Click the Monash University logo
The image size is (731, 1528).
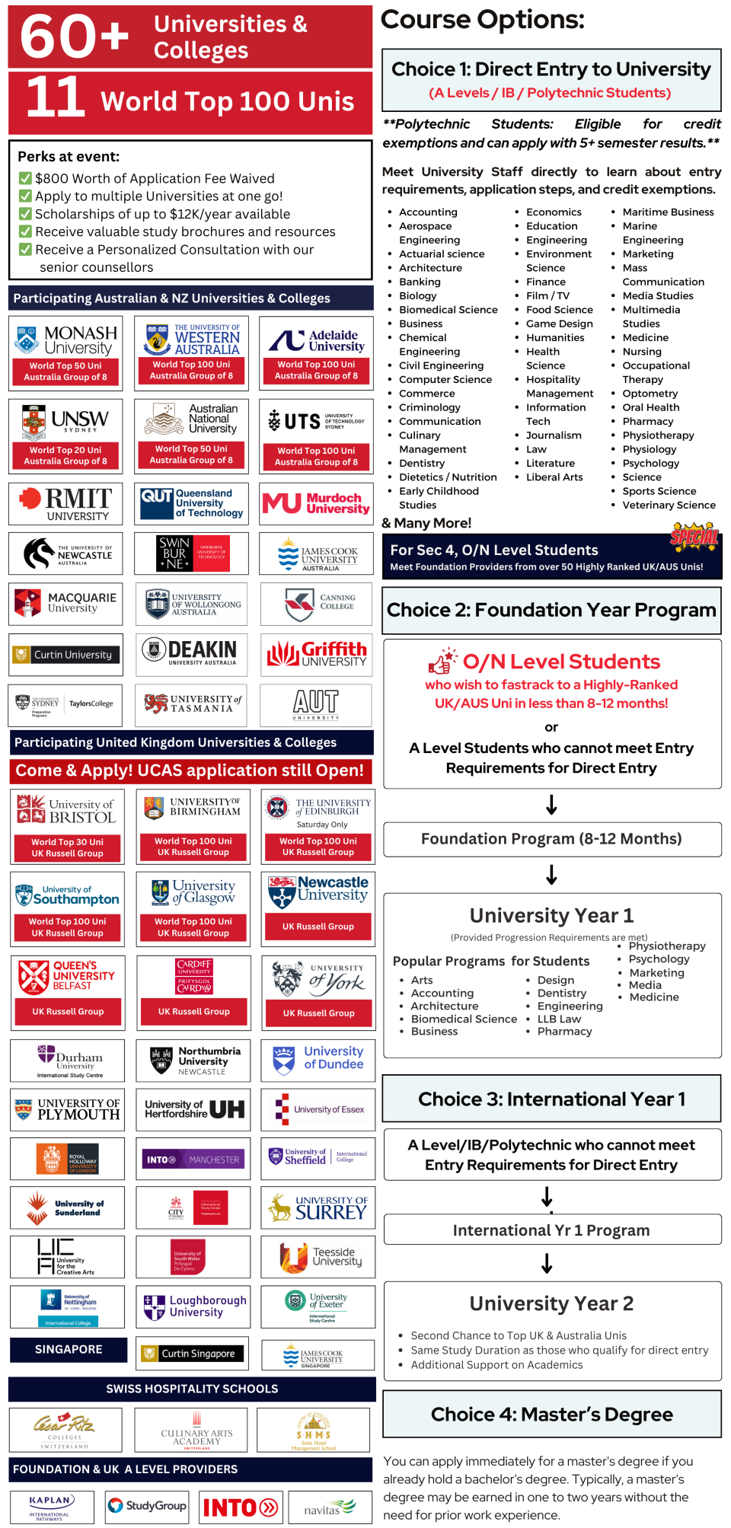coord(65,340)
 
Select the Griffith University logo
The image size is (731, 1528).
coord(316,654)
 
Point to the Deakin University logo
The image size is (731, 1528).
coord(191,652)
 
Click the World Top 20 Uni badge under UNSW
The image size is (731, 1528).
coord(65,455)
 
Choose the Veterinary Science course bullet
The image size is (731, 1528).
coord(669,505)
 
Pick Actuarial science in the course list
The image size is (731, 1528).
coord(442,254)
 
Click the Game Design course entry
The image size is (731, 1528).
coord(559,324)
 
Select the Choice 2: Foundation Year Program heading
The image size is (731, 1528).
coord(551,610)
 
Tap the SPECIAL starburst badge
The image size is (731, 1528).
coord(694,538)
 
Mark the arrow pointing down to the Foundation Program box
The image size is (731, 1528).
coord(551,805)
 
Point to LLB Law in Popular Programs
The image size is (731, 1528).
coord(559,1019)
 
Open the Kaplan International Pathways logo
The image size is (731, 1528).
coord(50,1507)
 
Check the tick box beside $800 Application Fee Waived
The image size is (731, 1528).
coord(25,178)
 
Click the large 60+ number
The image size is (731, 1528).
coord(74,36)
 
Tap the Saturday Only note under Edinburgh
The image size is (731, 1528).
coord(321,825)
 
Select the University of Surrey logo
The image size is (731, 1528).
coord(318,1207)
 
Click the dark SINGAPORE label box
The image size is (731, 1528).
coord(69,1349)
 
